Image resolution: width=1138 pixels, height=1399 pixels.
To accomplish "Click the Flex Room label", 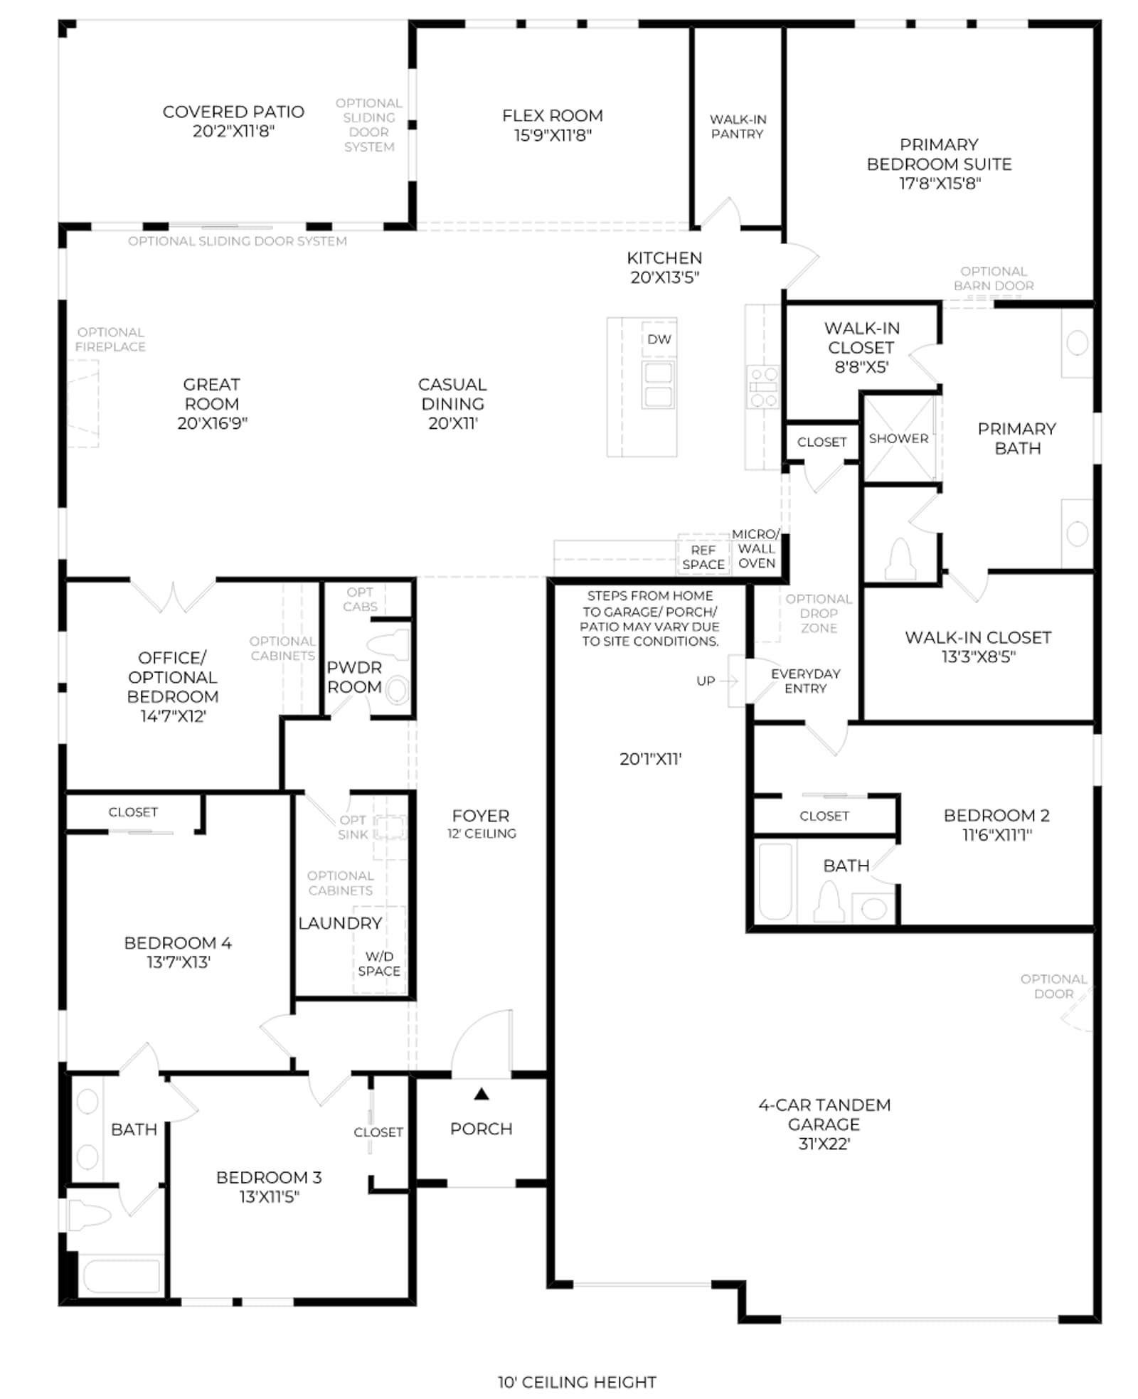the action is (x=552, y=115).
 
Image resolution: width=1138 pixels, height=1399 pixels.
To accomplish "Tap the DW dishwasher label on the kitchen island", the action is (x=659, y=339).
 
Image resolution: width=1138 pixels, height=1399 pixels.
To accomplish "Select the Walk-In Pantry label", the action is (x=738, y=127).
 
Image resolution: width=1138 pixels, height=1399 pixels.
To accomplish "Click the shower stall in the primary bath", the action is (x=898, y=438).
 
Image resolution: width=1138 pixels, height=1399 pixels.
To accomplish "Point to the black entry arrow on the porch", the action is (x=482, y=1094).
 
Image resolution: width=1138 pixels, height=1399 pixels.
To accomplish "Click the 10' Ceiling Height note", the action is (x=576, y=1382).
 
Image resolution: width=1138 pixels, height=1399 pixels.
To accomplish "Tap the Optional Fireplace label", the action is (x=110, y=339).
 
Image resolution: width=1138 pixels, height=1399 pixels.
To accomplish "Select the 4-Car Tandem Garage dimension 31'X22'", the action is (x=824, y=1144).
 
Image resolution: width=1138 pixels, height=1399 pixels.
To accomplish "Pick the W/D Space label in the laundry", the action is (x=379, y=964).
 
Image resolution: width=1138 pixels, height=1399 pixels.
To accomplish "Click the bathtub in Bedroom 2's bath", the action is (x=775, y=881).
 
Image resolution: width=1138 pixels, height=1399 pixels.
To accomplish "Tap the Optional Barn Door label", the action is (x=993, y=278).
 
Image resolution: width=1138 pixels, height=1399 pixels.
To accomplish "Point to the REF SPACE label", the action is (x=703, y=557).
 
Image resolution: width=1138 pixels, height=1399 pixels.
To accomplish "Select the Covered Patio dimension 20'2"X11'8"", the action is (x=233, y=131).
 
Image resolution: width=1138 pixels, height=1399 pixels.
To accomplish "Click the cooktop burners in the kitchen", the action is (x=762, y=386).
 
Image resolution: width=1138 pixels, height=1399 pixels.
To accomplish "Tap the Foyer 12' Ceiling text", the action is (x=481, y=824).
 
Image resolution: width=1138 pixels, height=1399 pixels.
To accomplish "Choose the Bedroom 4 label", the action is (x=178, y=942).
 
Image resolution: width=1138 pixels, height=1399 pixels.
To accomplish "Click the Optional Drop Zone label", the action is (x=819, y=613).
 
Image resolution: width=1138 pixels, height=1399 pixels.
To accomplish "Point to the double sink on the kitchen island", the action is (x=658, y=384).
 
